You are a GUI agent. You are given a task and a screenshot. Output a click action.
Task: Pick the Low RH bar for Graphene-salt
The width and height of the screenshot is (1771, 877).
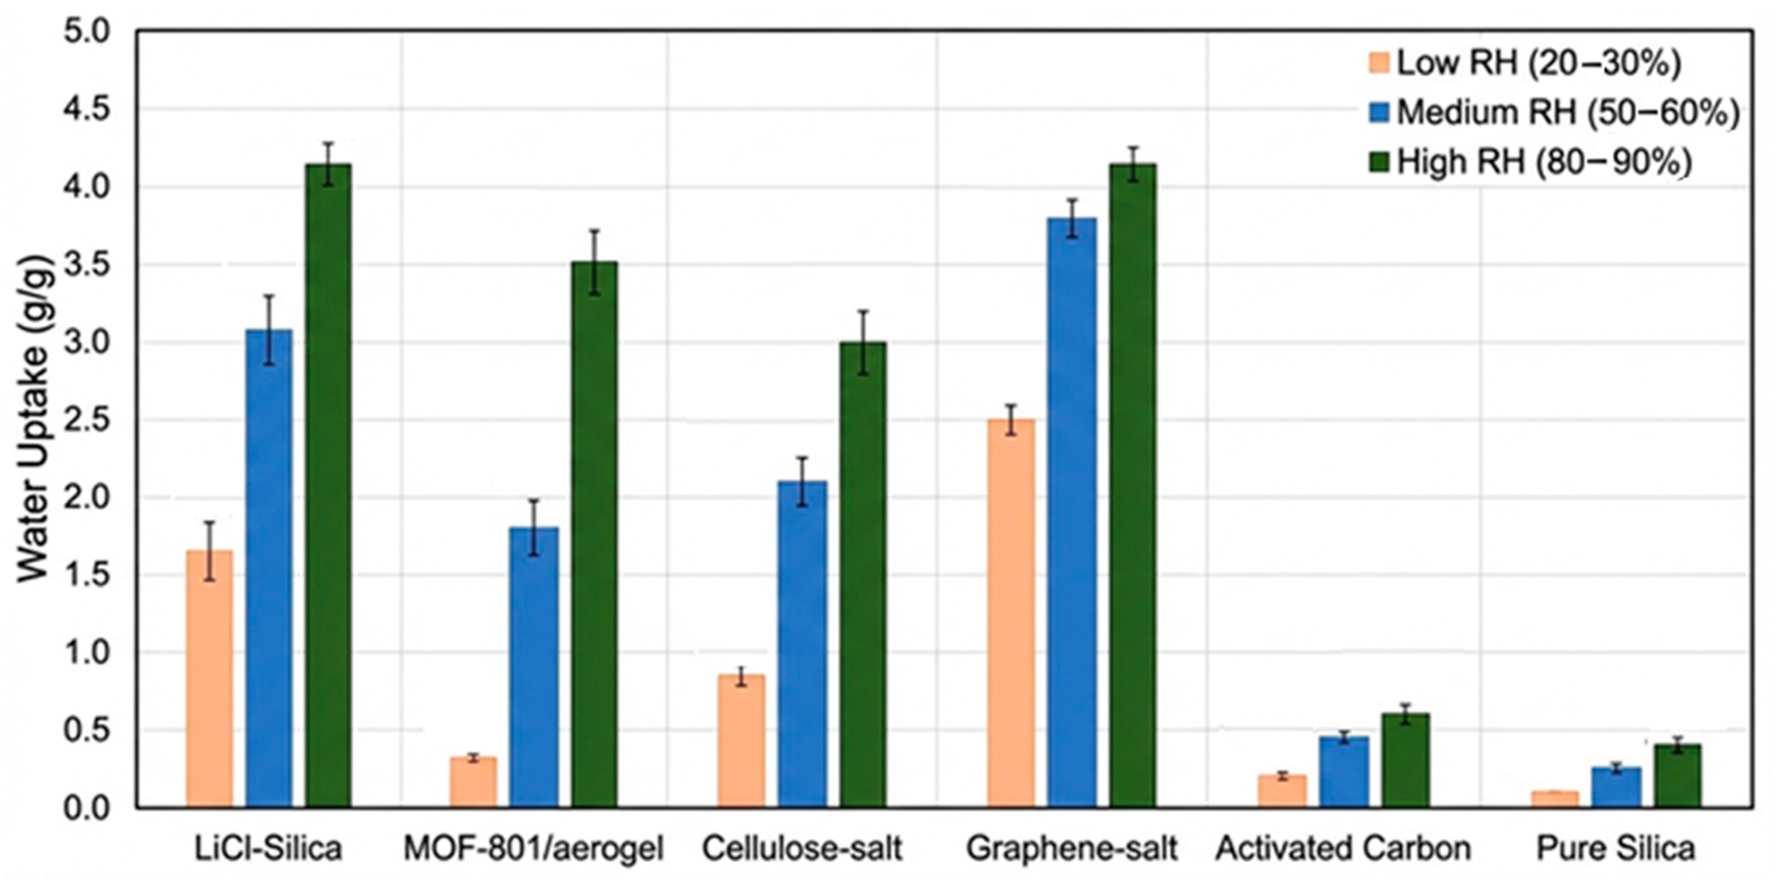coord(1011,612)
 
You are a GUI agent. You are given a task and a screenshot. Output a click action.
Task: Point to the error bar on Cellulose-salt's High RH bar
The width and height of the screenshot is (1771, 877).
coord(863,342)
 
